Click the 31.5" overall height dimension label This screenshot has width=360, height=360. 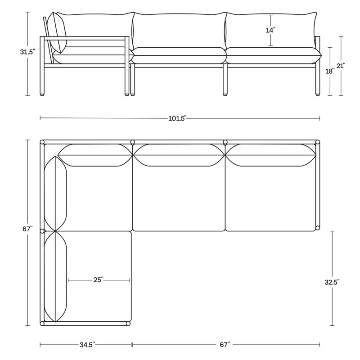pyautogui.click(x=27, y=52)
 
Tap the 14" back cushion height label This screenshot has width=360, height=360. pyautogui.click(x=271, y=30)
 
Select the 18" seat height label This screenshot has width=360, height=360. pyautogui.click(x=330, y=72)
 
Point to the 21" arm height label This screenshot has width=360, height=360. pyautogui.click(x=341, y=66)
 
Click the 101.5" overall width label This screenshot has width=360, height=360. pyautogui.click(x=177, y=118)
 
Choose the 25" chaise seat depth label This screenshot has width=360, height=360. pyautogui.click(x=99, y=280)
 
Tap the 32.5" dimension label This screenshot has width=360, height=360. pyautogui.click(x=332, y=282)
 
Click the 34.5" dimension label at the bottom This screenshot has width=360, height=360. pyautogui.click(x=87, y=345)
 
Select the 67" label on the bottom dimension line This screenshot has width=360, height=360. pyautogui.click(x=225, y=345)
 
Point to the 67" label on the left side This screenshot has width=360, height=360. pyautogui.click(x=27, y=229)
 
